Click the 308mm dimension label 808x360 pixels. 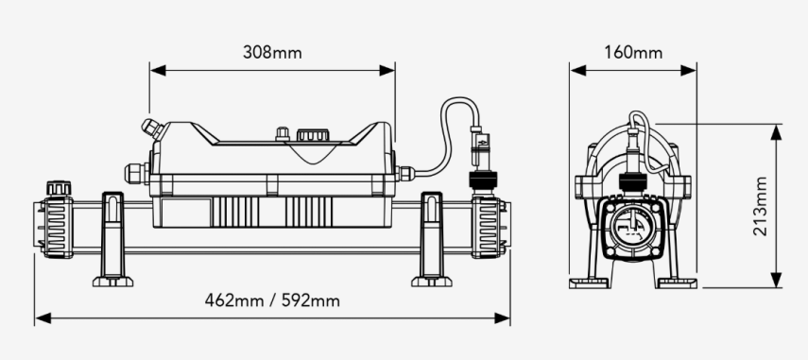pyautogui.click(x=272, y=52)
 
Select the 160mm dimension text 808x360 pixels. pyautogui.click(x=632, y=52)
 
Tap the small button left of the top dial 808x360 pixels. pyautogui.click(x=281, y=135)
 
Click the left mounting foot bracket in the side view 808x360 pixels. pyautogui.click(x=112, y=236)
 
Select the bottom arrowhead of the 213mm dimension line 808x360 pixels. pyautogui.click(x=777, y=282)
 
